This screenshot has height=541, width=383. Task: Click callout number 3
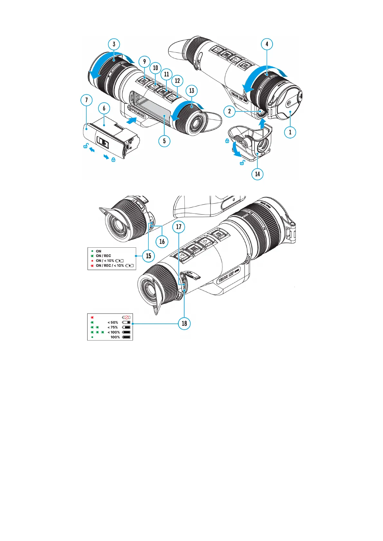[x=114, y=44]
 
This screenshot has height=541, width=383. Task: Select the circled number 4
[x=267, y=44]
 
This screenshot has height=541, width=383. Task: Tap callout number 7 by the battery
[x=86, y=100]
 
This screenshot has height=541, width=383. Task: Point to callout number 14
[x=257, y=174]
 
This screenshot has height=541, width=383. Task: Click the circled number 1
[x=290, y=132]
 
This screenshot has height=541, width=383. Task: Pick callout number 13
[x=191, y=91]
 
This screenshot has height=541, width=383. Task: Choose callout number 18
[x=184, y=323]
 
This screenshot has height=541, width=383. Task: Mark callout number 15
[x=148, y=256]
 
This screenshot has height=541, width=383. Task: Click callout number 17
[x=179, y=227]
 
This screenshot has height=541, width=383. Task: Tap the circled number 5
[x=164, y=141]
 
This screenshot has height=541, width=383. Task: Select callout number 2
[x=229, y=111]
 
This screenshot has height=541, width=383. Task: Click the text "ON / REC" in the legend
[x=103, y=256]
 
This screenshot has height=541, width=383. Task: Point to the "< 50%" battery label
[x=113, y=322]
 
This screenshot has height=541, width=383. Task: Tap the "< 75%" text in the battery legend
[x=113, y=327]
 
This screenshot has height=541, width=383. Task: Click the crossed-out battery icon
[x=126, y=317]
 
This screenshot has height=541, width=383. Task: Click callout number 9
[x=145, y=62]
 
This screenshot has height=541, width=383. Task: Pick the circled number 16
[x=162, y=242]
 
